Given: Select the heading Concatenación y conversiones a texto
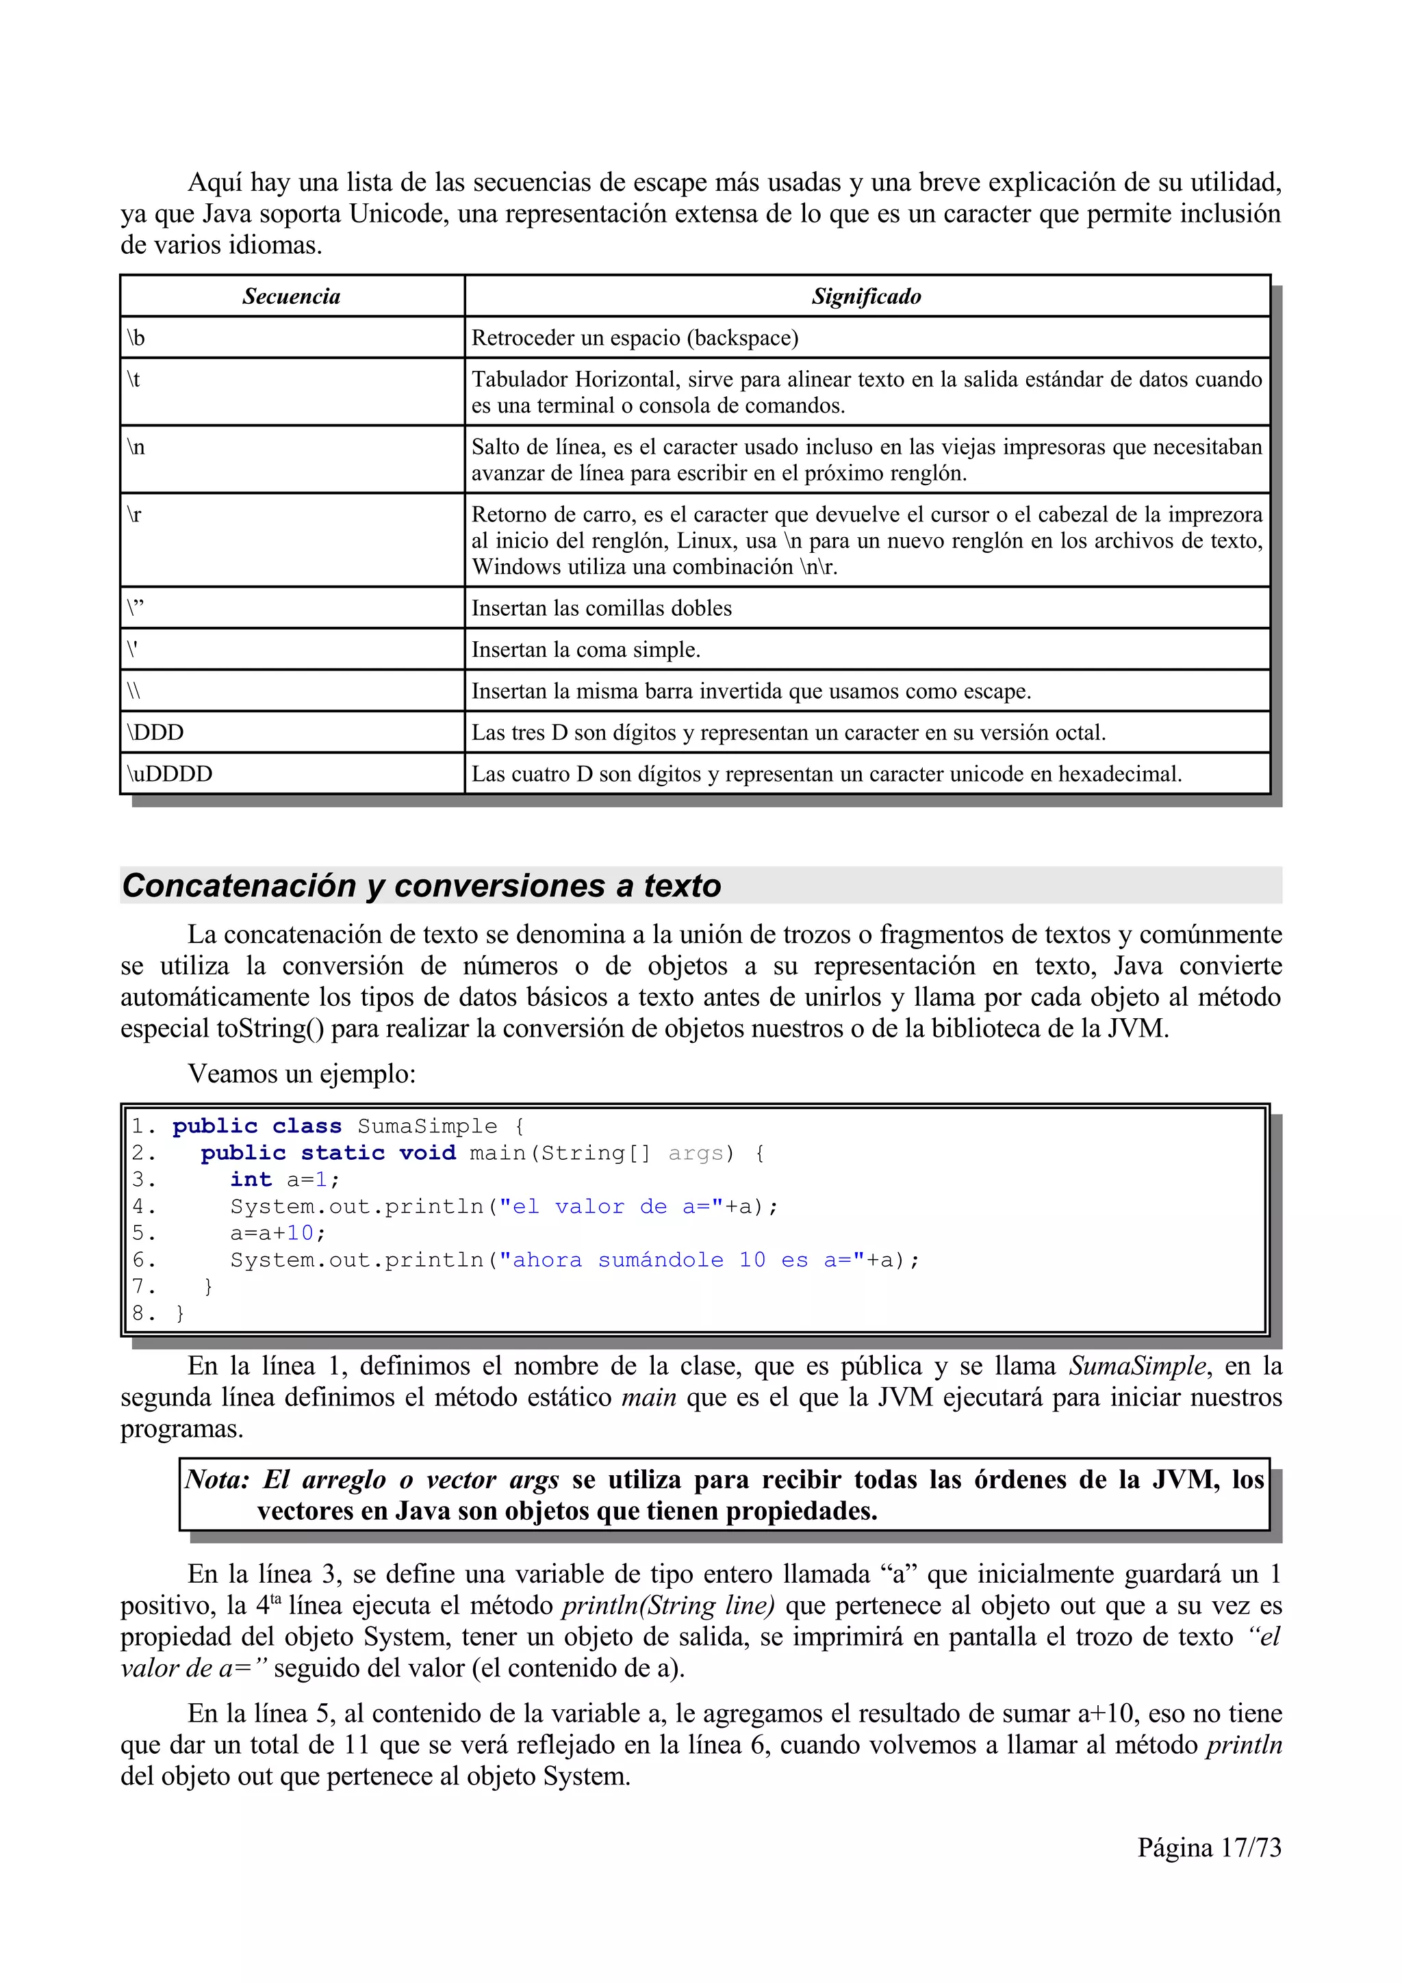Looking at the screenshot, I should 422,886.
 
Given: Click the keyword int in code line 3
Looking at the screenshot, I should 251,1180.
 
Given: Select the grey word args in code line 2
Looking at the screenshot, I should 696,1153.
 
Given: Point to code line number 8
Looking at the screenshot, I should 139,1314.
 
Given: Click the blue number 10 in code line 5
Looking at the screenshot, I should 300,1233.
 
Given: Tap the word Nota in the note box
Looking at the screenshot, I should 216,1479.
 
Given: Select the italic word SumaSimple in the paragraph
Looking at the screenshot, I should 1138,1366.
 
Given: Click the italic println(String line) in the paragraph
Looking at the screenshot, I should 667,1605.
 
